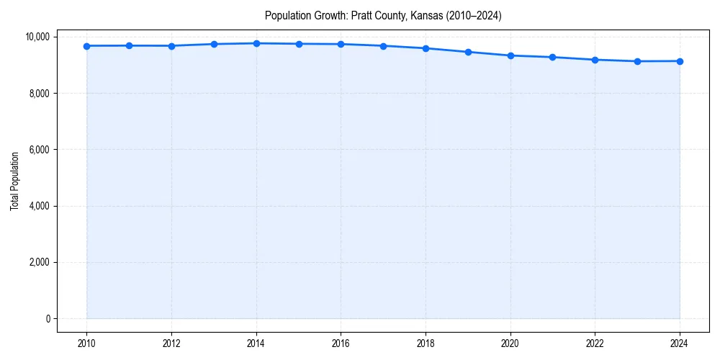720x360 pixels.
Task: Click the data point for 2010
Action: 86,46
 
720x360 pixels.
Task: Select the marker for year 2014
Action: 256,43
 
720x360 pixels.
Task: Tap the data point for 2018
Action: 426,48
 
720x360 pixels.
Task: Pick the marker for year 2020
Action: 510,55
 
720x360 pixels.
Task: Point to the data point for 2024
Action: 680,61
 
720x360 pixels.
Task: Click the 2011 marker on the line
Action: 129,45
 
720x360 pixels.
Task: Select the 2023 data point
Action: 637,61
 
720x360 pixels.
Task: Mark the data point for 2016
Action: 341,44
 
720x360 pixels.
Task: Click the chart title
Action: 383,15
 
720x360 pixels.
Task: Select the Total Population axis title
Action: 14,181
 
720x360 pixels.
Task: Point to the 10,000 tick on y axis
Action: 37,37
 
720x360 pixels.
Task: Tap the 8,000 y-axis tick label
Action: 40,93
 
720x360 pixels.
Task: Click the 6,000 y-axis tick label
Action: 40,150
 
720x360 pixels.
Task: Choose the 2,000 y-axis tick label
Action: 40,262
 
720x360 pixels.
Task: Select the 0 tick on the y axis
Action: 48,319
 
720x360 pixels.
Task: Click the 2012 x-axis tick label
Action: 171,343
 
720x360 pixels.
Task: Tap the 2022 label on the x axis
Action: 595,343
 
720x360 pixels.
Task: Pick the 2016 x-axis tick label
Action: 341,343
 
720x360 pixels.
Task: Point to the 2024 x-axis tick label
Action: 680,343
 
